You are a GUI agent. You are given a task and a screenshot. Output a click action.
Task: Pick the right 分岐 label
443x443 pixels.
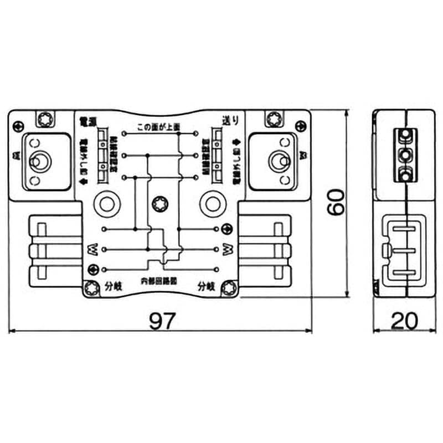[x=207, y=286]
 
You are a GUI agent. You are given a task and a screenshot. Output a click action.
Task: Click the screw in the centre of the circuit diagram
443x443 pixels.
[x=160, y=202]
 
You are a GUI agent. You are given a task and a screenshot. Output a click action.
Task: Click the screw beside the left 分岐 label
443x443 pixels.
[x=91, y=287]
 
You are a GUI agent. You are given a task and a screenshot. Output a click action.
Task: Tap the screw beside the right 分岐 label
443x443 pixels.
[x=228, y=287]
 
